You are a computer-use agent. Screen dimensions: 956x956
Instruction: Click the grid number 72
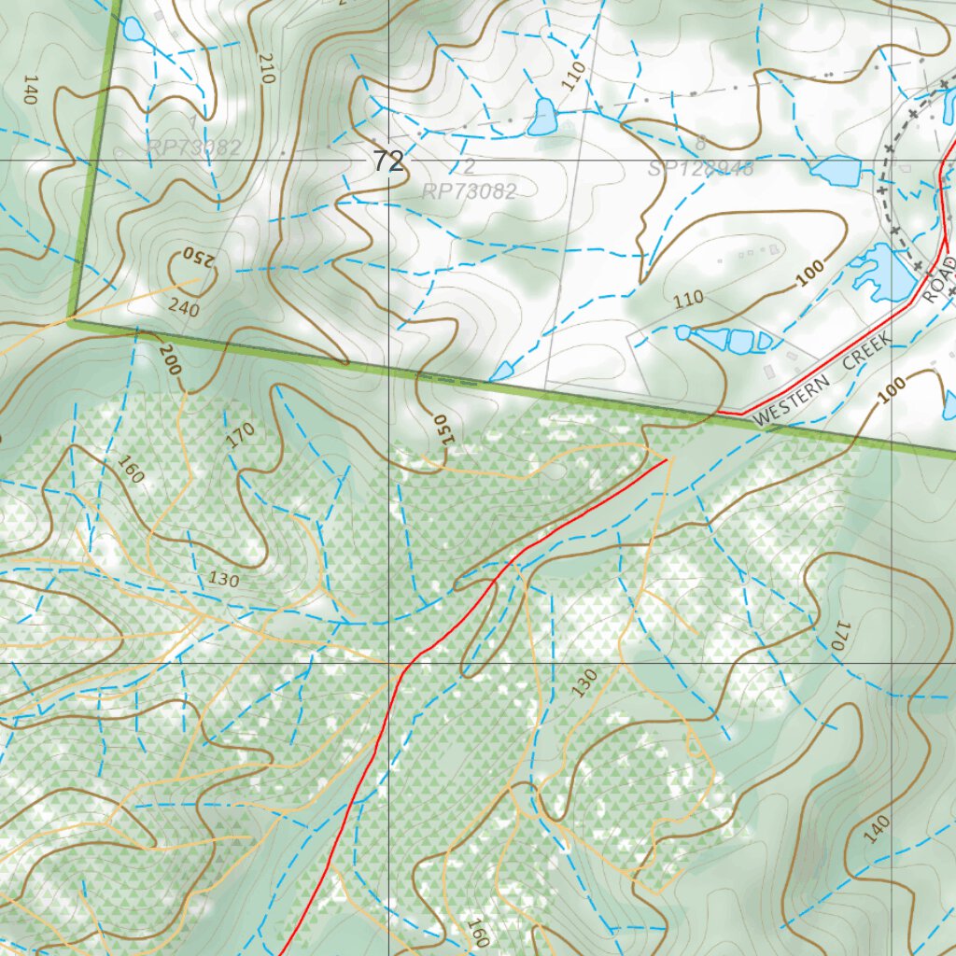pos(388,162)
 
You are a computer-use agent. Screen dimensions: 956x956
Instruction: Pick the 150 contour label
pos(441,432)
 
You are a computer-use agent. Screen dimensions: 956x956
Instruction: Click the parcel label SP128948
pos(700,168)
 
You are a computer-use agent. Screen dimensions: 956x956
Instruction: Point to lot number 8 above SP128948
pos(700,144)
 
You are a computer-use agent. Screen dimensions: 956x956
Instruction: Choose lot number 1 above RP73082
pos(193,122)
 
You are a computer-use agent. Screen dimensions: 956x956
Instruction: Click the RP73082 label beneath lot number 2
pos(469,191)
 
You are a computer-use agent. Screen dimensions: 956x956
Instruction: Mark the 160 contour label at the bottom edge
pos(478,932)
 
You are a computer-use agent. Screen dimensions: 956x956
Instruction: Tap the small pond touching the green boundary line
pos(501,372)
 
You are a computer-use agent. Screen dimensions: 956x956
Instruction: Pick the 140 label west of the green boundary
pos(30,90)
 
